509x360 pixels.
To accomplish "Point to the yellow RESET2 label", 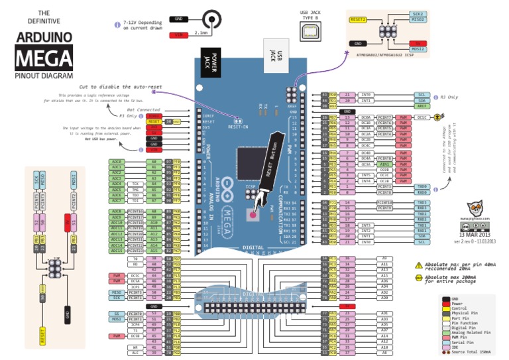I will [358, 19].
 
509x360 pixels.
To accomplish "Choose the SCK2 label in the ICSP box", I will [418, 13].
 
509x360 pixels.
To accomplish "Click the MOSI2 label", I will [418, 48].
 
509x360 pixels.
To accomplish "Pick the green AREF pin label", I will [422, 106].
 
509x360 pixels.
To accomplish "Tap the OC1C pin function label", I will [422, 117].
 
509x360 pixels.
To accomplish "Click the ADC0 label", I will [117, 162].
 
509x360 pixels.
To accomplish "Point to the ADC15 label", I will [117, 251].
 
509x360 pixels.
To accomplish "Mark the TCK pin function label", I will [135, 184].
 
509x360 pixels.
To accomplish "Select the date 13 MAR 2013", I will [473, 234].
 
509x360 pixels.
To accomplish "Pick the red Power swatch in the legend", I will [444, 304].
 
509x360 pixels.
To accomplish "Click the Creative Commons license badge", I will [473, 225].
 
